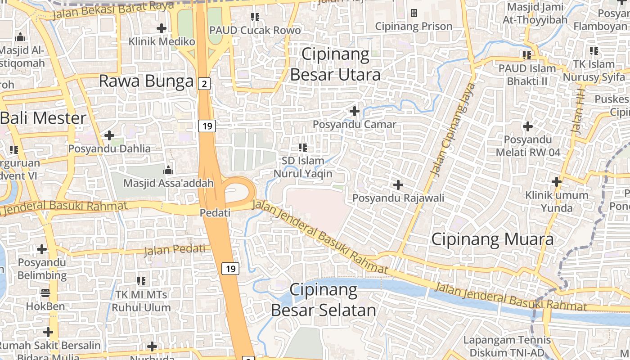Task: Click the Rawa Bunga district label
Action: click(146, 81)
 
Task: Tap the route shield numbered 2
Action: click(204, 83)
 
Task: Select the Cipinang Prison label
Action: click(414, 27)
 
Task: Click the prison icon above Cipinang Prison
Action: click(414, 13)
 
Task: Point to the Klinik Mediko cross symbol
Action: click(162, 28)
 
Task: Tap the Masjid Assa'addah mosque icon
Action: click(168, 170)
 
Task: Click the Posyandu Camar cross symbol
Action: click(355, 111)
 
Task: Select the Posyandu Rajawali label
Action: click(398, 198)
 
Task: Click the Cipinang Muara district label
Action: click(492, 239)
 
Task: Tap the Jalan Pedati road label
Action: click(175, 249)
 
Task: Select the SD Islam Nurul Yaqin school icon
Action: click(303, 147)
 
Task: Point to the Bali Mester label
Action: click(43, 118)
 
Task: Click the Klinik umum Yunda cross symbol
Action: click(557, 182)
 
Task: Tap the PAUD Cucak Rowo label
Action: click(255, 31)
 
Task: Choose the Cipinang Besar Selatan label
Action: click(324, 300)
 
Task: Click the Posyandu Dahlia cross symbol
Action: click(109, 135)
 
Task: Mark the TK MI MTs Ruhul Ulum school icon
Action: click(141, 281)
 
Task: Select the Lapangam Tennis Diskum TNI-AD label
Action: click(507, 346)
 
